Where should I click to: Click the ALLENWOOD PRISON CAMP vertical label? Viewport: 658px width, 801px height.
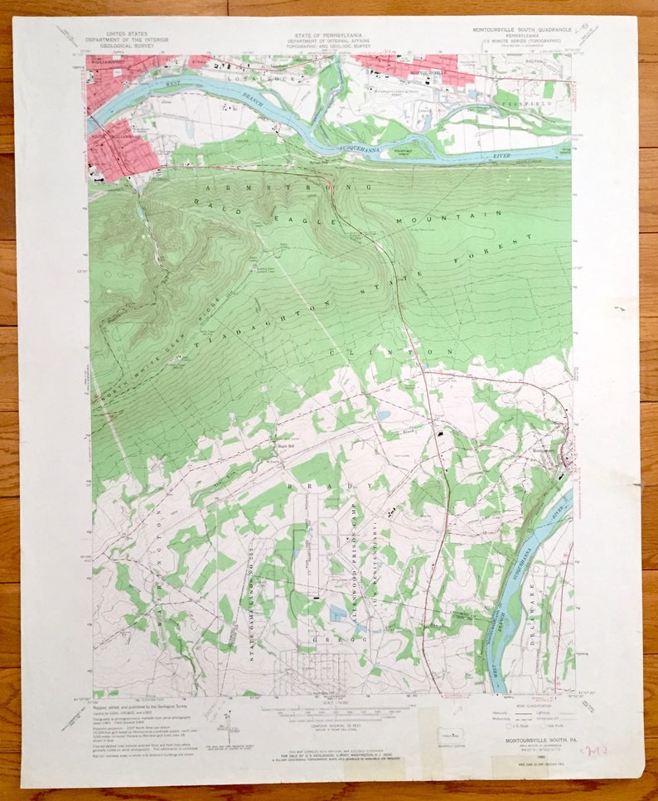352,564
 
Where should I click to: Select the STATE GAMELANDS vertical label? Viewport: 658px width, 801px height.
246,597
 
